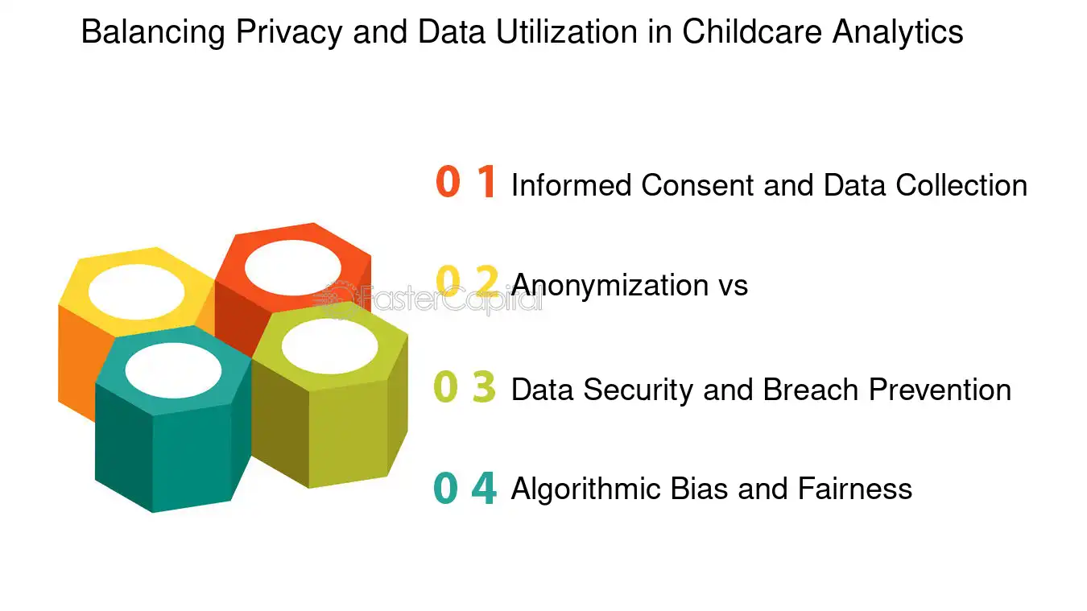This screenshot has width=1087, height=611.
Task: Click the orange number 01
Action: coord(465,183)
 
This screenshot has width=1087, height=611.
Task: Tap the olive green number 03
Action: coord(465,387)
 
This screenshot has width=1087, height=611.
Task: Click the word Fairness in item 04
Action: coord(854,489)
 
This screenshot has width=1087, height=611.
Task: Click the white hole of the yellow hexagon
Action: coord(136,291)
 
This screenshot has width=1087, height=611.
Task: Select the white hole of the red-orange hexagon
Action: coord(292,266)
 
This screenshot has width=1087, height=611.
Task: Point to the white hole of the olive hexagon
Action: coord(330,345)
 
